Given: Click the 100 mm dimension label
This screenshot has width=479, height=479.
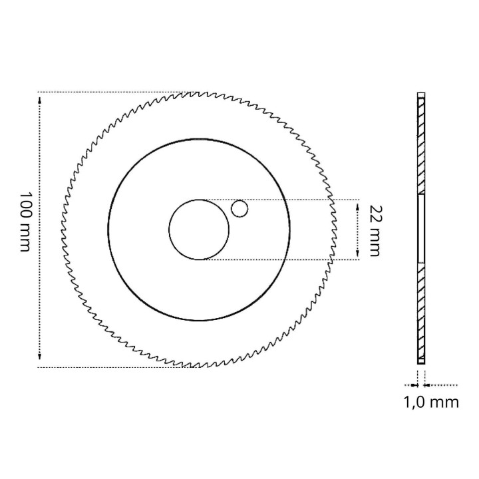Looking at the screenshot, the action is click(x=25, y=222).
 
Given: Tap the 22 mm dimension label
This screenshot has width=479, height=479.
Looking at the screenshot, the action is click(x=375, y=231).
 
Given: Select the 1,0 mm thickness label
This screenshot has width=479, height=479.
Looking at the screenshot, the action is click(x=431, y=402).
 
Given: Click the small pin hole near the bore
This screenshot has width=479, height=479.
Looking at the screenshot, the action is click(x=239, y=209).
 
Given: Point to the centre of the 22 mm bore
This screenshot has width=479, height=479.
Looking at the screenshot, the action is click(x=199, y=230).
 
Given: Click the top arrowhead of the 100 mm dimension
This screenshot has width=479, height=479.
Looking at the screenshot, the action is click(x=40, y=100).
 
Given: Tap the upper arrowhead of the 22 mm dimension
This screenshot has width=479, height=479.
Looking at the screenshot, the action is click(x=358, y=207).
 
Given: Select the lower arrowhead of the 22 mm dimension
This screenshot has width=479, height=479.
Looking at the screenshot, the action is click(x=358, y=253).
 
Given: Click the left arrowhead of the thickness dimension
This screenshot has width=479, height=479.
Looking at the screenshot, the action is click(x=414, y=385).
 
